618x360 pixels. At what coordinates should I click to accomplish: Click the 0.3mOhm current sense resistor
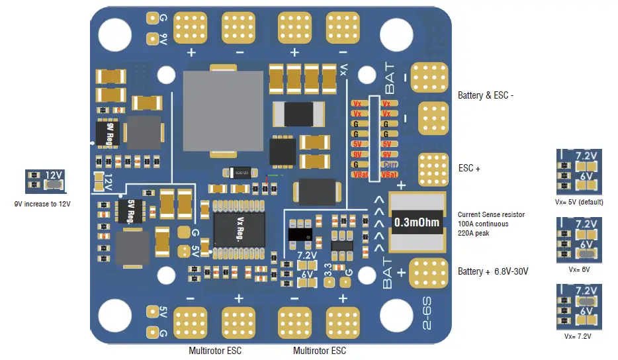pos(416,222)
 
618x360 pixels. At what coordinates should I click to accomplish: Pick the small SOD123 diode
pos(235,173)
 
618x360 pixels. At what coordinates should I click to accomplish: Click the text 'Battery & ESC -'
pos(486,95)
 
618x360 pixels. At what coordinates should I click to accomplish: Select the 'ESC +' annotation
pos(469,168)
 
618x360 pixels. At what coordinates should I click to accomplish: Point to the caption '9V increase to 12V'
pos(42,204)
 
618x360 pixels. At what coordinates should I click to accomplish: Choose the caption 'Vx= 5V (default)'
pos(579,202)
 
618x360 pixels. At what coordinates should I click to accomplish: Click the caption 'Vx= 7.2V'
pos(579,336)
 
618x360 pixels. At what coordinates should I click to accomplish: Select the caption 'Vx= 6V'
pos(579,269)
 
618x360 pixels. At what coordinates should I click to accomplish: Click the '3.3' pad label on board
pos(328,269)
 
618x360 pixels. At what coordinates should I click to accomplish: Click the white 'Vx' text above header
pos(343,69)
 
